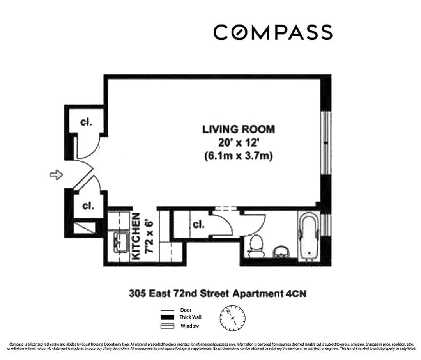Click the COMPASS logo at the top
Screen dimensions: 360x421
click(272, 32)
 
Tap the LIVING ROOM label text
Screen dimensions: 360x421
click(238, 129)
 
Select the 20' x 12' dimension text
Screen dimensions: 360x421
click(238, 142)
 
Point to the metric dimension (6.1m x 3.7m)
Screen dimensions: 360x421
click(238, 156)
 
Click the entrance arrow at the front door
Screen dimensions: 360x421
click(56, 175)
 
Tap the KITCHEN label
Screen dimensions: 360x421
click(136, 236)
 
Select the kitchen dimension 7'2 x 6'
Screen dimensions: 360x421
click(148, 236)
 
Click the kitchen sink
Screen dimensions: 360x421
click(120, 243)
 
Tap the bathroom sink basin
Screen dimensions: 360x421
click(281, 252)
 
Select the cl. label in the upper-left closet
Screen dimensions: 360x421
click(86, 122)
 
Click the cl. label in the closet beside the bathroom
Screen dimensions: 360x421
click(198, 225)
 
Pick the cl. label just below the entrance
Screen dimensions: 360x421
click(88, 206)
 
